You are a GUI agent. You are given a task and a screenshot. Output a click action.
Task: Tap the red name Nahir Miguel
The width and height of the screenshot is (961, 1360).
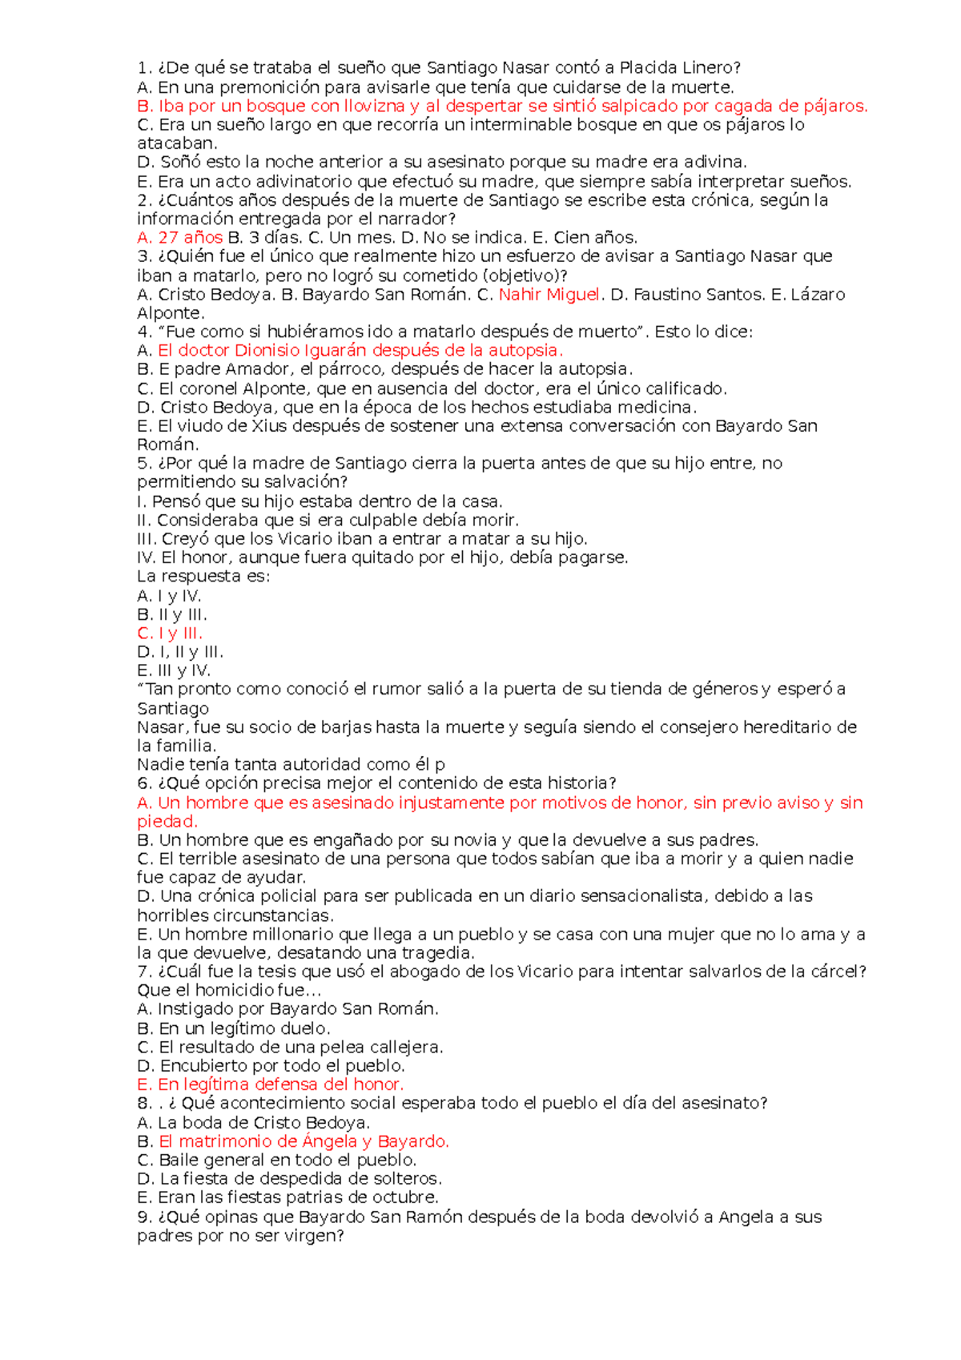549,295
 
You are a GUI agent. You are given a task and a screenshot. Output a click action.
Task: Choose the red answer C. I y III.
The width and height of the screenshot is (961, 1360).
169,634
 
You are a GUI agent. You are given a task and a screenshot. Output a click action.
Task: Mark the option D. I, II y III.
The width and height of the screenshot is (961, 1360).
180,653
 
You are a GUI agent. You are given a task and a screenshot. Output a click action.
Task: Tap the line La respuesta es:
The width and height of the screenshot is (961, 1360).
203,577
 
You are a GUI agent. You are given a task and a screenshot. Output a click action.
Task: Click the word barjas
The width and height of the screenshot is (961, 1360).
345,727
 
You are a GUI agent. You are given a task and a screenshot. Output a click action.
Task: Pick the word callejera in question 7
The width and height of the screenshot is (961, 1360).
408,1048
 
